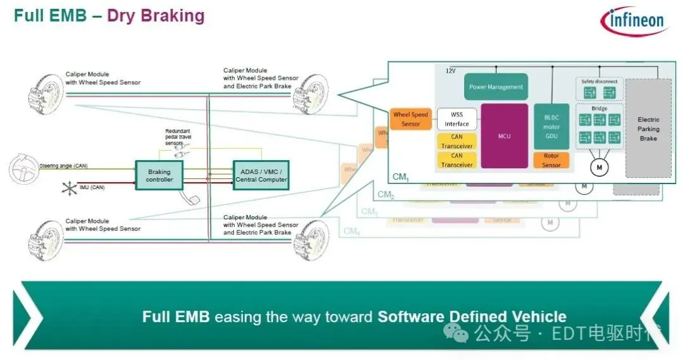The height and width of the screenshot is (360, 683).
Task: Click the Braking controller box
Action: coord(159,175)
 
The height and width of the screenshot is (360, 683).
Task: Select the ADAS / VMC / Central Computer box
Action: coord(261,175)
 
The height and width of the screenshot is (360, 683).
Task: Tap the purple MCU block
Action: coord(504,136)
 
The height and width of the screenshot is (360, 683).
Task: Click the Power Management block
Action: coord(496,87)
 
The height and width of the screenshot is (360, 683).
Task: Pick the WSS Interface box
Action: coord(457,120)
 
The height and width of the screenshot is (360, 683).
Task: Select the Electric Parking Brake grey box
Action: coord(648,128)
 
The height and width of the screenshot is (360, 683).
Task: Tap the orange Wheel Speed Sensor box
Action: coord(410,119)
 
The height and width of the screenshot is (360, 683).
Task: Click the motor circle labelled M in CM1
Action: coord(598,167)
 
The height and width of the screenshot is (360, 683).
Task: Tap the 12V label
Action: coord(451,70)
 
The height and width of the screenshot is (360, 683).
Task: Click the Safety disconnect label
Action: coord(599,82)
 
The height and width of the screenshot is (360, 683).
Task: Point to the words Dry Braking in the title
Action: coord(156,16)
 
